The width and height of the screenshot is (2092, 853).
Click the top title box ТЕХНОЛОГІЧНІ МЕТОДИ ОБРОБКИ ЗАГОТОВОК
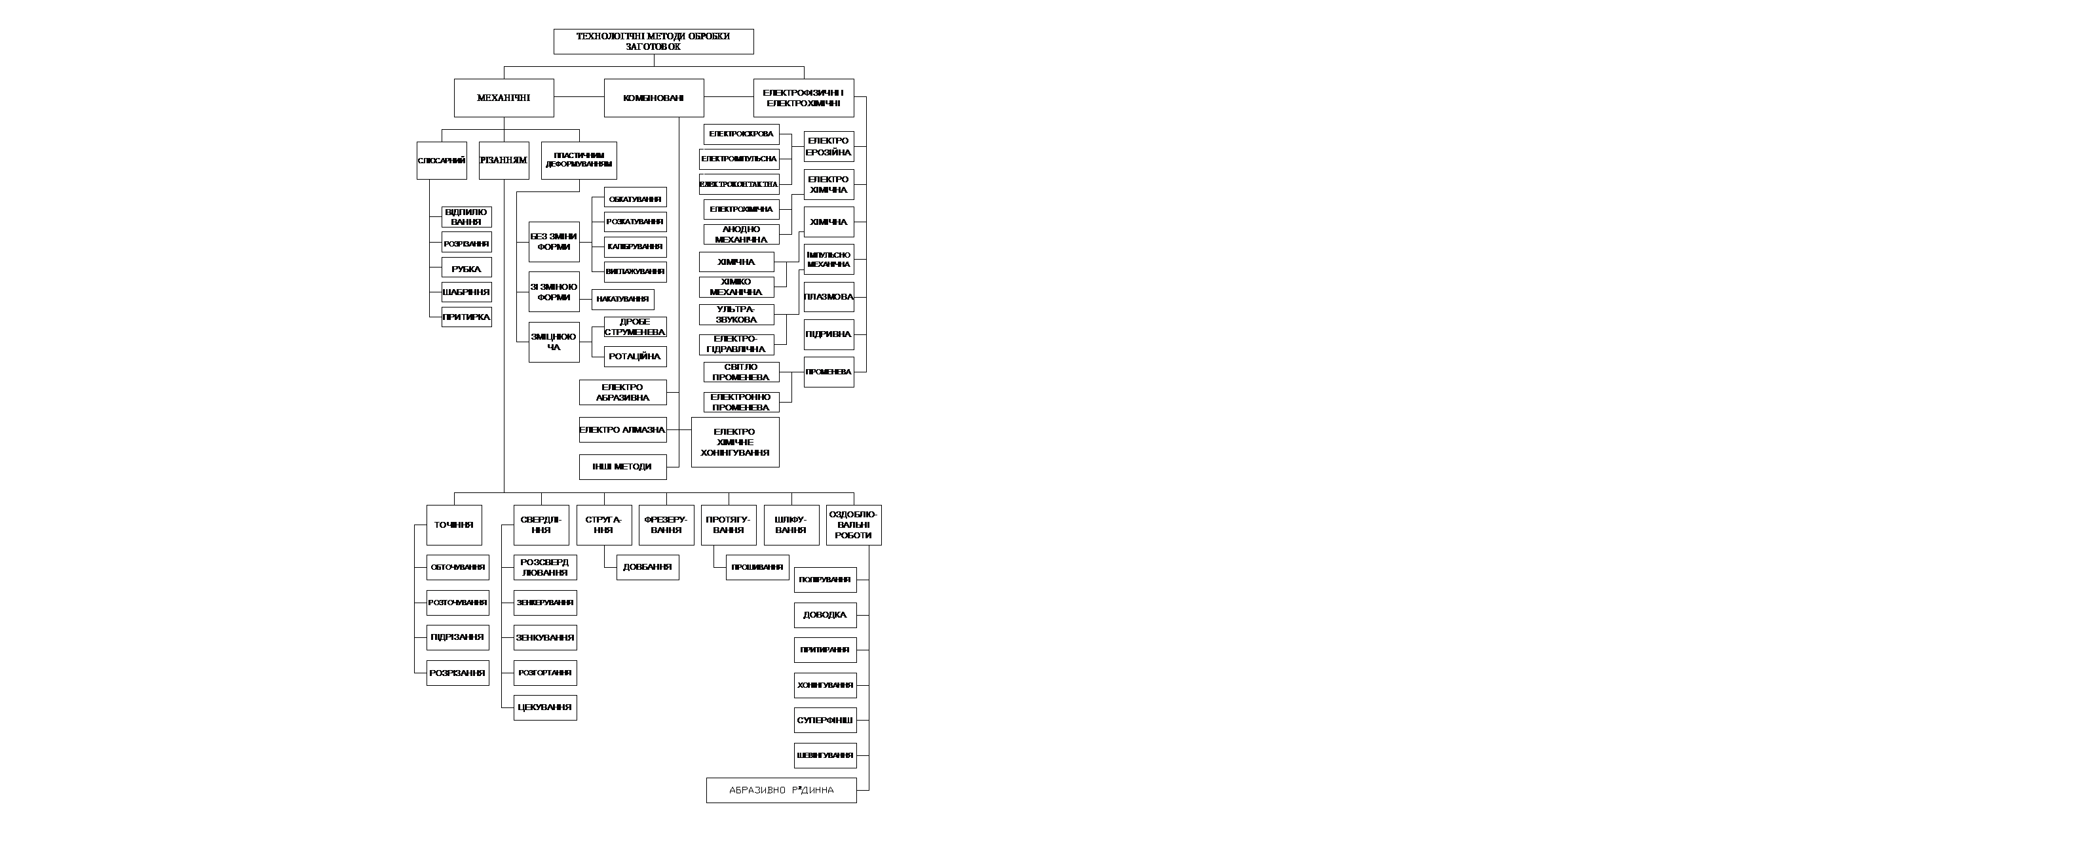coord(653,41)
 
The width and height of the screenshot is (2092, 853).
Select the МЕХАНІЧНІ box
coord(504,98)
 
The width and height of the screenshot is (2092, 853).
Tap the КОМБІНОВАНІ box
coord(654,98)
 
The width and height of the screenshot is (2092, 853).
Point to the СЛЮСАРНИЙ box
coord(442,161)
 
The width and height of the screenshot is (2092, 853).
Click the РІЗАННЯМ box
coord(504,161)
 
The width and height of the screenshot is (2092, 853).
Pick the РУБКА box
coord(466,268)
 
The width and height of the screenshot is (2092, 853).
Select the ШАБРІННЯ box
coord(466,292)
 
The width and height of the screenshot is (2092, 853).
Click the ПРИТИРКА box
coord(466,317)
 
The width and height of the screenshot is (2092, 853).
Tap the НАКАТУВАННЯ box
coord(623,300)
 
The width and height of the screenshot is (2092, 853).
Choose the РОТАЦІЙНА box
coord(635,357)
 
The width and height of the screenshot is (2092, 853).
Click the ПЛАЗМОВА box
coord(828,297)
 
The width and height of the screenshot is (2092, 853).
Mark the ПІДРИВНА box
coord(828,334)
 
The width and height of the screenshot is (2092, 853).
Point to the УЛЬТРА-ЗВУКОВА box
coord(736,315)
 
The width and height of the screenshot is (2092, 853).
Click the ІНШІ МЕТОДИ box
coord(623,467)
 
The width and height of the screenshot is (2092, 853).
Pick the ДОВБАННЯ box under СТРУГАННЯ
coord(647,567)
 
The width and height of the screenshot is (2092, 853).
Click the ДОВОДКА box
coord(825,615)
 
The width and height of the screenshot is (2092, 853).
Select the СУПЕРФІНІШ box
coord(825,721)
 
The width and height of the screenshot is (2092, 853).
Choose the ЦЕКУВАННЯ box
coord(545,707)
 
